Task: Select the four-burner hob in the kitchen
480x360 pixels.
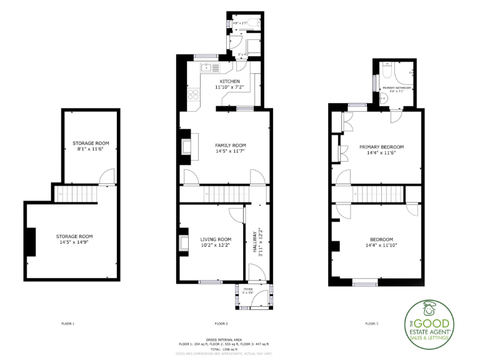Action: click(x=194, y=96)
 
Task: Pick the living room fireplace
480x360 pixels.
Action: click(x=184, y=242)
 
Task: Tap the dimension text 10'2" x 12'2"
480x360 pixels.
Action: click(x=216, y=246)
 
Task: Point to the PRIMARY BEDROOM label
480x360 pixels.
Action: click(x=381, y=147)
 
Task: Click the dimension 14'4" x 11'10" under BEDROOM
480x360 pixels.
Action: click(x=381, y=246)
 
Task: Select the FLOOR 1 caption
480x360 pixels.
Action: click(x=67, y=324)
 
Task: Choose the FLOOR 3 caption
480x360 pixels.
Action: click(x=371, y=324)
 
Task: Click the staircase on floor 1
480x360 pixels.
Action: click(x=76, y=194)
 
